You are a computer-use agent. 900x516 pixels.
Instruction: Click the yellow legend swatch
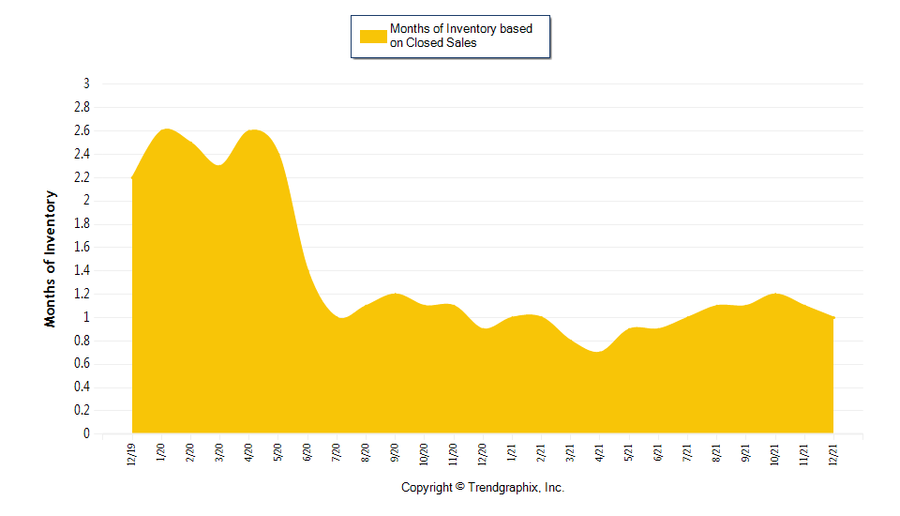pyautogui.click(x=373, y=37)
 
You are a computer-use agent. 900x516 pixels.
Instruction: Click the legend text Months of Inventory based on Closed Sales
pyautogui.click(x=461, y=36)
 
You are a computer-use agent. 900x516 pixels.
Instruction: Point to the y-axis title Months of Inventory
pyautogui.click(x=51, y=258)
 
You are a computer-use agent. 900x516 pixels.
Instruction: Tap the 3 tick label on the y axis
pyautogui.click(x=86, y=83)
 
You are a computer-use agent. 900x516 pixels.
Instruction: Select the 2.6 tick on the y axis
pyautogui.click(x=82, y=130)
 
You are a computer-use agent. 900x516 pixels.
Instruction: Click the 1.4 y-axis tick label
pyautogui.click(x=82, y=270)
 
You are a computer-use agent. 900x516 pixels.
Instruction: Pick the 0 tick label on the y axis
pyautogui.click(x=86, y=434)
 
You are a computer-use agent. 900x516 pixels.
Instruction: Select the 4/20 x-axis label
pyautogui.click(x=249, y=452)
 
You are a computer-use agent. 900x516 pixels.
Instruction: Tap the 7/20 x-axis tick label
pyautogui.click(x=337, y=452)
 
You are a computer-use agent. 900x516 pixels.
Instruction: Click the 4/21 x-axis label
pyautogui.click(x=600, y=452)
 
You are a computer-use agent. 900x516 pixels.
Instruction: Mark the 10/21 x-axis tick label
pyautogui.click(x=775, y=454)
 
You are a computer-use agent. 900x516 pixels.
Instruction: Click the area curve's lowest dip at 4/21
pyautogui.click(x=599, y=352)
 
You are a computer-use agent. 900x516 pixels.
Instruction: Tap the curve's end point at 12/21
pyautogui.click(x=833, y=318)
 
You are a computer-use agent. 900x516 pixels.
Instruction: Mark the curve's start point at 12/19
pyautogui.click(x=133, y=177)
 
